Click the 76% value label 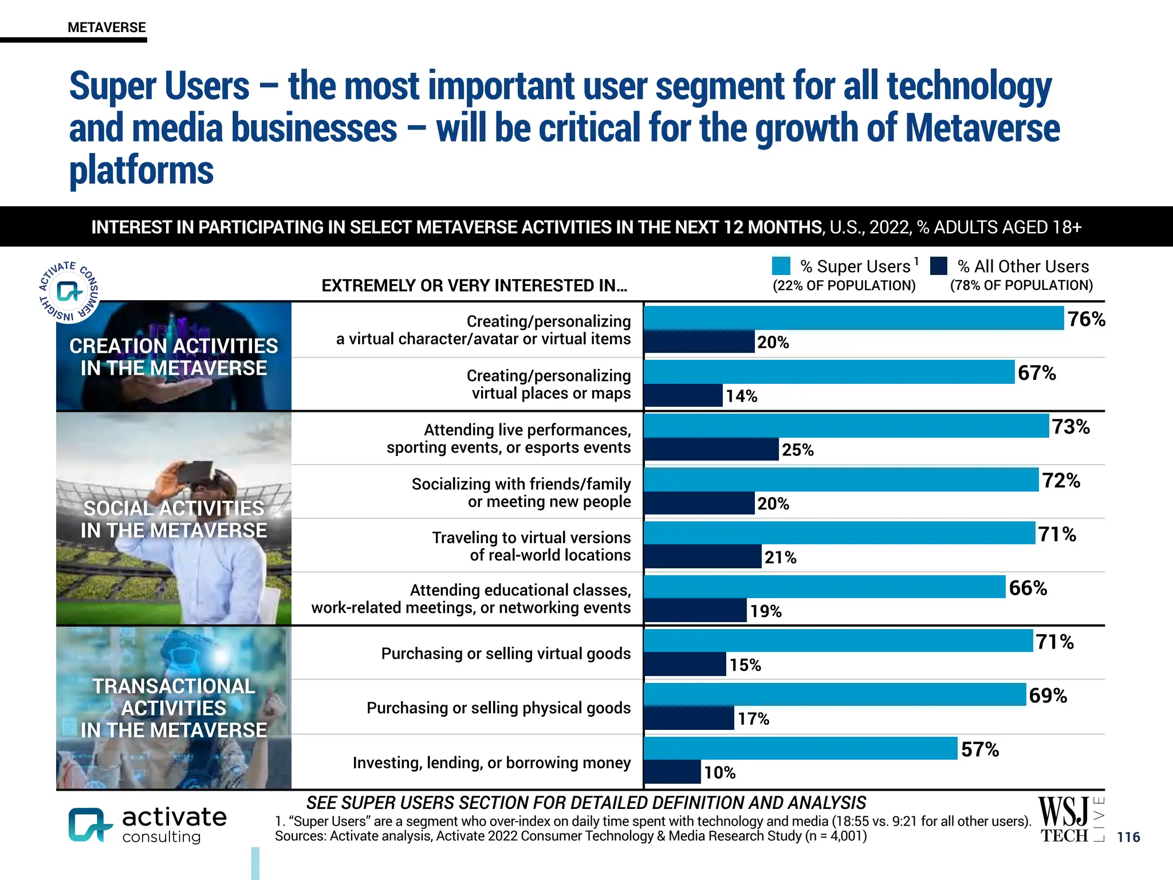pyautogui.click(x=1086, y=319)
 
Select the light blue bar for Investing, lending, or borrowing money pyautogui.click(x=801, y=748)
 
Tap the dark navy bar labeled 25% pyautogui.click(x=711, y=449)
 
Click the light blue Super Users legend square pyautogui.click(x=781, y=266)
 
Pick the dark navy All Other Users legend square pyautogui.click(x=939, y=266)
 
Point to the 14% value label pyautogui.click(x=741, y=396)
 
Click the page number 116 pyautogui.click(x=1128, y=837)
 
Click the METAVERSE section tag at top pyautogui.click(x=107, y=27)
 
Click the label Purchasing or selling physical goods pyautogui.click(x=498, y=708)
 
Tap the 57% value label pyautogui.click(x=979, y=749)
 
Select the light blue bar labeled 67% pyautogui.click(x=829, y=372)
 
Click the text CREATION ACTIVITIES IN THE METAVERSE pyautogui.click(x=174, y=357)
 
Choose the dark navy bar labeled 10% pyautogui.click(x=672, y=772)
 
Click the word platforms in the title pyautogui.click(x=141, y=170)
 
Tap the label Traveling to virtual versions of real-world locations pyautogui.click(x=531, y=546)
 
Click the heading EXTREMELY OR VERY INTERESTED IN pyautogui.click(x=474, y=285)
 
